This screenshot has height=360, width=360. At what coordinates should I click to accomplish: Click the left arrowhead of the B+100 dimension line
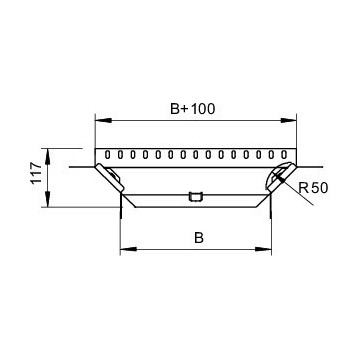click(98, 119)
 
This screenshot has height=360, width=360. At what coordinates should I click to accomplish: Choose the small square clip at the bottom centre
click(195, 195)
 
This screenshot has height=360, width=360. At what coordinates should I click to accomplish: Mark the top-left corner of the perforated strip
click(95, 147)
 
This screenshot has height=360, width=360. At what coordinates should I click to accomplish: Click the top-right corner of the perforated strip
click(296, 147)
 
